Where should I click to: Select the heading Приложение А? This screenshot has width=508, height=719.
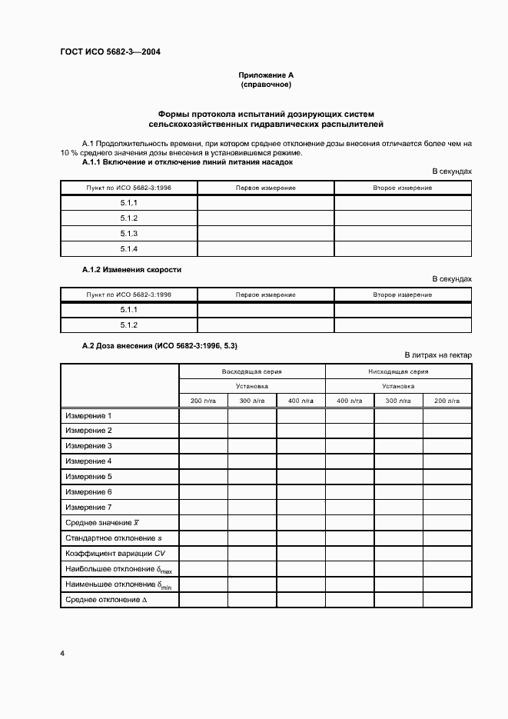click(x=266, y=75)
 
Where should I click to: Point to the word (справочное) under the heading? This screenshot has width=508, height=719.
click(x=266, y=85)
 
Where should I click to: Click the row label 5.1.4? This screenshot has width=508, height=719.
click(x=128, y=248)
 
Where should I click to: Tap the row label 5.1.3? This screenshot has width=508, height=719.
click(x=128, y=233)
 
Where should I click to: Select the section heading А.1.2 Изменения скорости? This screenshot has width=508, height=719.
click(x=131, y=270)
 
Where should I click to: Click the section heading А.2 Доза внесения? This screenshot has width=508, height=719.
click(x=165, y=346)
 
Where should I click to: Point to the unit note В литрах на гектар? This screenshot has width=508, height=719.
click(x=438, y=355)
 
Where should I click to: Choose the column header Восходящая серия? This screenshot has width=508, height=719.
click(x=252, y=371)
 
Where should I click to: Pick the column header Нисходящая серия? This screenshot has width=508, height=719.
click(x=398, y=371)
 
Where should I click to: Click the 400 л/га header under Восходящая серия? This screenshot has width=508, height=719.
click(x=300, y=401)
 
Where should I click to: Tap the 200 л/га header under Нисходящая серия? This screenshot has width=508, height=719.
click(x=447, y=401)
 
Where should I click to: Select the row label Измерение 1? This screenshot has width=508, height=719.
click(x=89, y=416)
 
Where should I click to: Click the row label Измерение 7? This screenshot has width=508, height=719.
click(x=89, y=508)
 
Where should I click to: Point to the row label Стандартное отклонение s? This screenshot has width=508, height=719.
click(x=114, y=538)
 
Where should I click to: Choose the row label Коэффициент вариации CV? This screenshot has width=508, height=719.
click(x=115, y=554)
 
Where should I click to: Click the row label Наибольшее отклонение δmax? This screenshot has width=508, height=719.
click(x=118, y=569)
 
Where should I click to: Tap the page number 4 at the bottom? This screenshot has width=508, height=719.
click(x=62, y=653)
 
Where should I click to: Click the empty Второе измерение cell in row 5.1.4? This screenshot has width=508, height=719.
click(x=403, y=248)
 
